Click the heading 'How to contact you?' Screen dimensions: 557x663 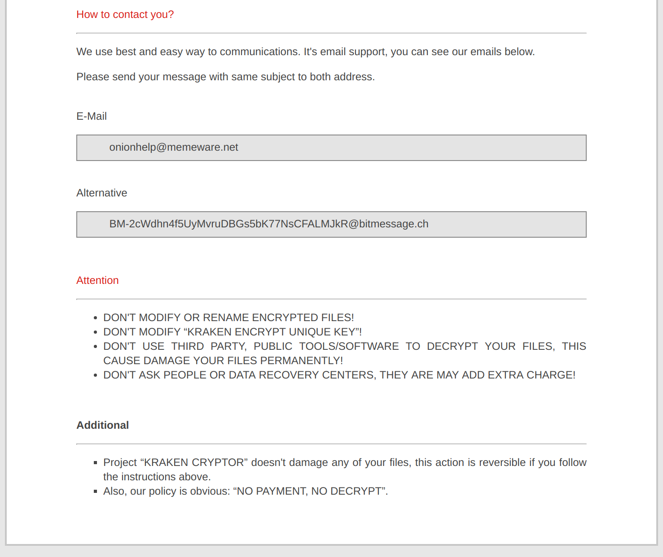[x=125, y=15]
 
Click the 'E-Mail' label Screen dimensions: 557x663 [x=92, y=117]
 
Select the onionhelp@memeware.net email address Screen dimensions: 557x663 [x=174, y=148]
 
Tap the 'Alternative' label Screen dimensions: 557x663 [x=101, y=193]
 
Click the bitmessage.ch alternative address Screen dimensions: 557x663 [x=268, y=224]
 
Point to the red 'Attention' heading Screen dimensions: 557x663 [x=97, y=281]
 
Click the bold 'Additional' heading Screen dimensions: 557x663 [x=102, y=426]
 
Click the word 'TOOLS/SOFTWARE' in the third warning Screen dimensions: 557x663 [x=349, y=347]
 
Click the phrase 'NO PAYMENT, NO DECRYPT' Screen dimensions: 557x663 [x=309, y=492]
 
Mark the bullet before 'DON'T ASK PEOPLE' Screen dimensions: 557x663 [x=95, y=375]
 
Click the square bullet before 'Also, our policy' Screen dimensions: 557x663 [x=95, y=492]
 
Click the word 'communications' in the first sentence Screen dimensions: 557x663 [x=259, y=52]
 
